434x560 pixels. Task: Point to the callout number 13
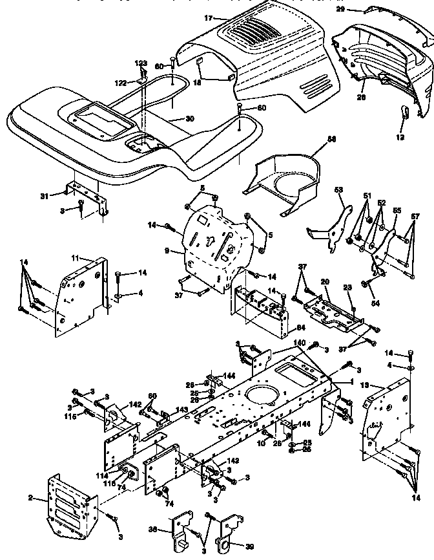(364, 385)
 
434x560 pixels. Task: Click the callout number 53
(338, 191)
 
